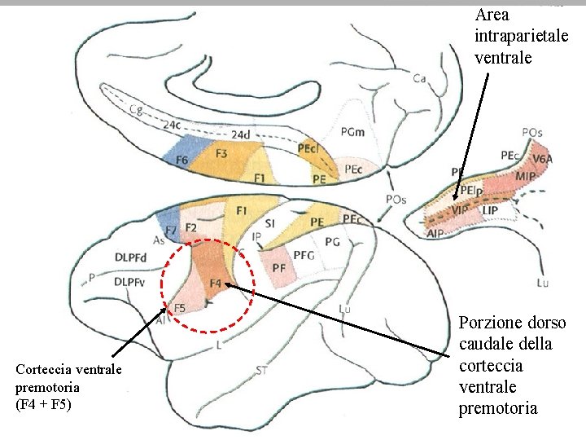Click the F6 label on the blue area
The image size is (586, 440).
click(182, 160)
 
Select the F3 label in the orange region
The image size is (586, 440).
click(221, 153)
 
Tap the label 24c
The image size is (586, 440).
click(172, 125)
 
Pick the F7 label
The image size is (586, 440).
click(169, 232)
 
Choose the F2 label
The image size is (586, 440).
click(191, 227)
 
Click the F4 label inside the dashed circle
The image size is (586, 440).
click(215, 283)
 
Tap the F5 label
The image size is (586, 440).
click(180, 307)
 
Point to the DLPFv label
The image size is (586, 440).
click(130, 282)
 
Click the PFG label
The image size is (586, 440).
click(304, 255)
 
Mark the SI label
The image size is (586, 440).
click(272, 223)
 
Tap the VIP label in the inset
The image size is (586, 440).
click(461, 210)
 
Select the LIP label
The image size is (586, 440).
click(490, 211)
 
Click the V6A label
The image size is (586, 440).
click(544, 160)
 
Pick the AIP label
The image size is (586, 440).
click(436, 232)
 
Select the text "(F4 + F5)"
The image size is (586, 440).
click(44, 404)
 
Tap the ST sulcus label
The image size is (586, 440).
click(262, 372)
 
